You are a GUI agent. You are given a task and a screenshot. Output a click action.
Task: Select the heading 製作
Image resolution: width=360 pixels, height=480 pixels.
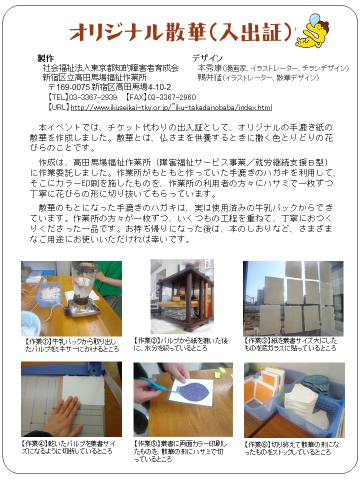(45, 58)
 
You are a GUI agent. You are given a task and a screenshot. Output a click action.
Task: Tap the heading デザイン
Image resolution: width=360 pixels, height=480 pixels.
(207, 58)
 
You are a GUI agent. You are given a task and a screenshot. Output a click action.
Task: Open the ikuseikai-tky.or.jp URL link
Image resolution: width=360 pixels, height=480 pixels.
(171, 107)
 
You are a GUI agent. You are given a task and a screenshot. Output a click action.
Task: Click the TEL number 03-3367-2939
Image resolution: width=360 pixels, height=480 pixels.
(93, 97)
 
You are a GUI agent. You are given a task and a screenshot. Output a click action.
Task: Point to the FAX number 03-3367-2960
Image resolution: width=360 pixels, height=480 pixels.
(171, 97)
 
